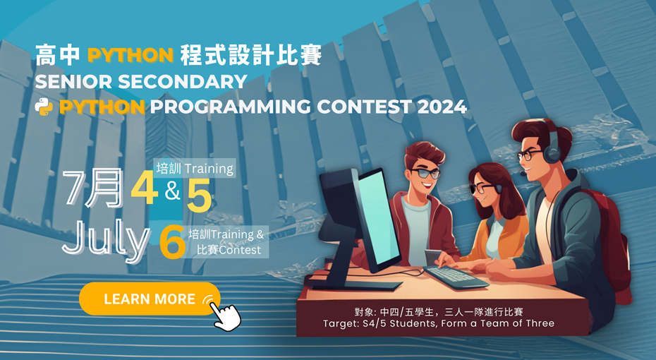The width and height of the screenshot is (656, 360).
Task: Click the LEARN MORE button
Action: (150, 299)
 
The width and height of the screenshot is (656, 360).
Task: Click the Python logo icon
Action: (44, 107)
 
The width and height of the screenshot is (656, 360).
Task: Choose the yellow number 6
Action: (171, 244)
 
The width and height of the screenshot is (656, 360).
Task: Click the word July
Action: (105, 241)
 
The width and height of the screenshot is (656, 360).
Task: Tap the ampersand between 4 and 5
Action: (173, 191)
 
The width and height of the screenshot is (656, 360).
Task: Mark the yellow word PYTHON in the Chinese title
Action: (130, 56)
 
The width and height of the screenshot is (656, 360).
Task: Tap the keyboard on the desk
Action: (456, 276)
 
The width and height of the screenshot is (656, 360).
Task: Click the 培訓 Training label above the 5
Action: (195, 169)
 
